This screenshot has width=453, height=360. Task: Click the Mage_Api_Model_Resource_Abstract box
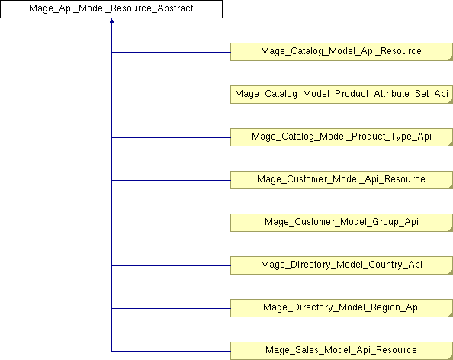point(111,9)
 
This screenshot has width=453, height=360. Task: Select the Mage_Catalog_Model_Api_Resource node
point(342,52)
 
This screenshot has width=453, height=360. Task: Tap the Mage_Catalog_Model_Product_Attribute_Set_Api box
point(342,95)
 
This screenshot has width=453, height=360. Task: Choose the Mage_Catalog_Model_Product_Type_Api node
point(342,137)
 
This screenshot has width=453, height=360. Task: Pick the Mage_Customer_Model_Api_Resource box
point(342,180)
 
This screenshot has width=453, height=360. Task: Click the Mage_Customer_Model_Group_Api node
point(342,223)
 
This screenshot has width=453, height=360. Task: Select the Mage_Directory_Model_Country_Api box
point(342,265)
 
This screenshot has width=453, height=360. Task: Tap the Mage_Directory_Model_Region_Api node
point(342,308)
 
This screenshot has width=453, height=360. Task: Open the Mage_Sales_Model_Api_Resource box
point(342,351)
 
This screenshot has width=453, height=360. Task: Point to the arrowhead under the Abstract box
point(111,21)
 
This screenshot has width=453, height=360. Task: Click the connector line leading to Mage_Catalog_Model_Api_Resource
point(171,53)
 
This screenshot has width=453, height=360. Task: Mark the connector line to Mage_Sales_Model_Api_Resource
point(171,352)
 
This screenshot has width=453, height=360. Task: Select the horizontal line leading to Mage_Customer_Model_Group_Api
point(171,223)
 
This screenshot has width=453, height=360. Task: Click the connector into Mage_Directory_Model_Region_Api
point(171,309)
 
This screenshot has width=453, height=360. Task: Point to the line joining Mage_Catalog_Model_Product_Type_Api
point(171,137)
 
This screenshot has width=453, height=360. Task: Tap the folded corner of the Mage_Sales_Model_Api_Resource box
point(451,358)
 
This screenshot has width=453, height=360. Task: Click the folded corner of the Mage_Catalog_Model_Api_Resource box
point(451,59)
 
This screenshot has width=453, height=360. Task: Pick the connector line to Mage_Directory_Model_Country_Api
point(171,266)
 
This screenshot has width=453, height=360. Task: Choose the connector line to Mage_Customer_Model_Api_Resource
point(171,180)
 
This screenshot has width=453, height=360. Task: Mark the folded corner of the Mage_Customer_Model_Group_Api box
point(451,230)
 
